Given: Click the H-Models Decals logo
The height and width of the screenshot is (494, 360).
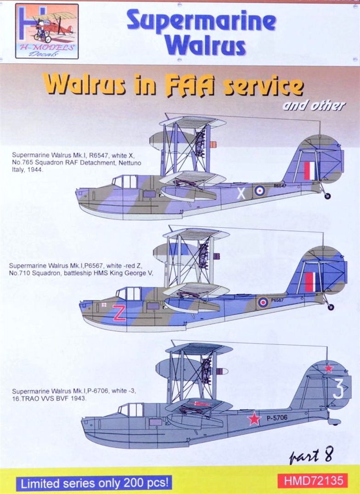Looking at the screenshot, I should click(46, 31).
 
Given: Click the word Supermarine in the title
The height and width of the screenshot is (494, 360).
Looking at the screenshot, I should click(201, 22).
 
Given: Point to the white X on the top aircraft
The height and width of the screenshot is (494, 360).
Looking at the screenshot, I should click(241, 193).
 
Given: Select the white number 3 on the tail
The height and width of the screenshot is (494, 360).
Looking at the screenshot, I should click(338, 389).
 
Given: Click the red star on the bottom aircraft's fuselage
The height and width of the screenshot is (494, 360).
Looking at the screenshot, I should click(254, 418).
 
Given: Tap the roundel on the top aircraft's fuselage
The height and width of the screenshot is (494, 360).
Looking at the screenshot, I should click(260, 190).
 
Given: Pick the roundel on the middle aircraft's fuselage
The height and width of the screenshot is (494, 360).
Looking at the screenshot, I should click(263, 302).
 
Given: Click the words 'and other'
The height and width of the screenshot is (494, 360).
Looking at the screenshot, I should click(314, 106).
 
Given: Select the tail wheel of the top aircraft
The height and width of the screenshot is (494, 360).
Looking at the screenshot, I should click(327, 196).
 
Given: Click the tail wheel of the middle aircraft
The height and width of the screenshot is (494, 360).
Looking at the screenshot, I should click(330, 307).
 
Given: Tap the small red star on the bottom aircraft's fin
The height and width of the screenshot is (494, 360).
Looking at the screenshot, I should click(329, 368).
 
